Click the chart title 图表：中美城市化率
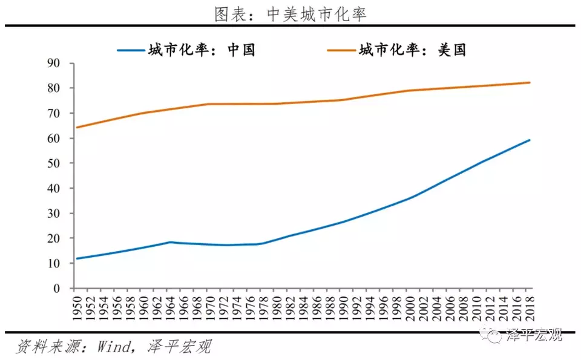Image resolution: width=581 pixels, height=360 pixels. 290,13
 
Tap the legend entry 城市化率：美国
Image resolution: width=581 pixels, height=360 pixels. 412,50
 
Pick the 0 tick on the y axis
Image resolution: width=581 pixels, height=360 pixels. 56,289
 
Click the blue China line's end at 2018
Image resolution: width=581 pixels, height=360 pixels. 530,140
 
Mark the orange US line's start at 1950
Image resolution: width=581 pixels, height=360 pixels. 77,127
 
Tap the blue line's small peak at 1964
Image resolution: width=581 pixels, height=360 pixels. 170,242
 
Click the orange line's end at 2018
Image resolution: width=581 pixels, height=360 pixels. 530,82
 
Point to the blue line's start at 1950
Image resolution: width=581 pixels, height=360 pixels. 77,258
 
